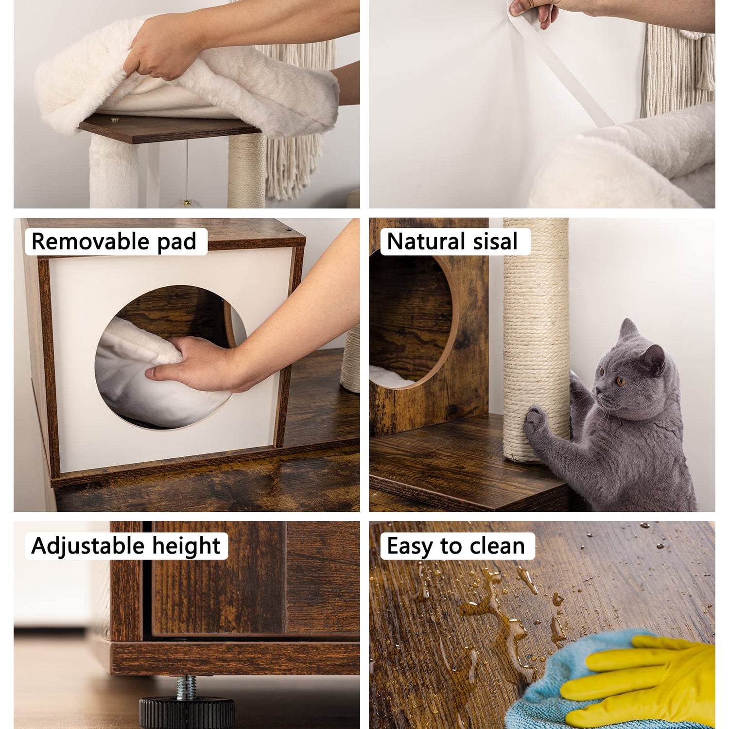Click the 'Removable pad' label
114,242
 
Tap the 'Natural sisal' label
452,242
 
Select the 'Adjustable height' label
126,546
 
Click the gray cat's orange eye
620,381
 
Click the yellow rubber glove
642,680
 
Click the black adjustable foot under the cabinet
187,712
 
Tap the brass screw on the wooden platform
115,120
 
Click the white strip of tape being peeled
559,68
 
